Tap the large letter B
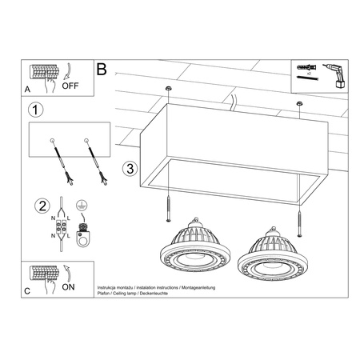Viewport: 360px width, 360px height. tap(102, 70)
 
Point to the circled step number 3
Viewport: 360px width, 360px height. tap(130, 169)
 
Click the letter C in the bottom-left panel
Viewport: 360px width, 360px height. tap(30, 293)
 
